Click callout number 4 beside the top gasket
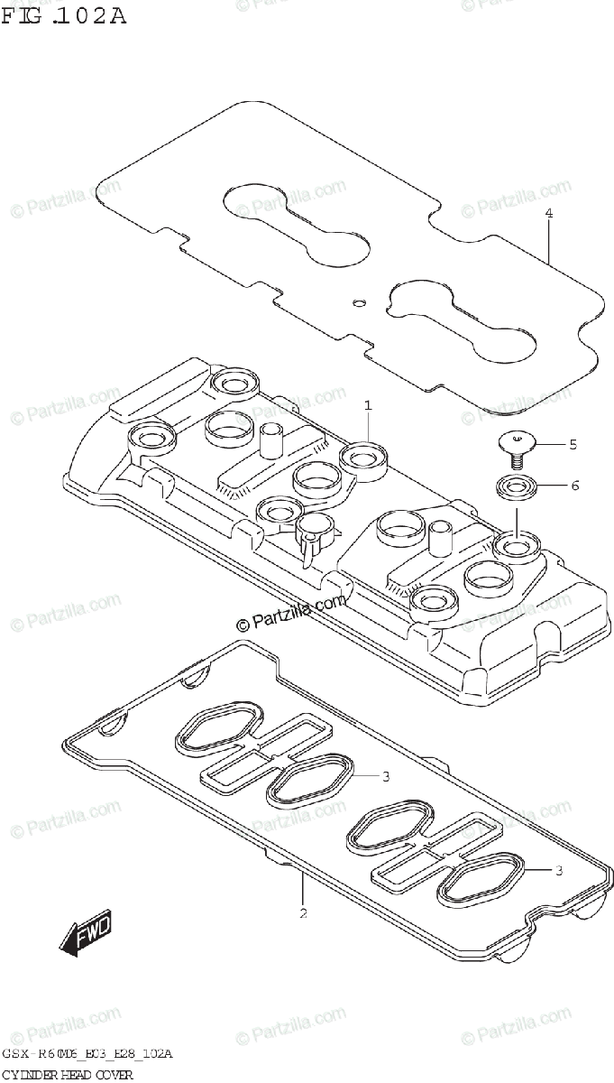pyautogui.click(x=547, y=214)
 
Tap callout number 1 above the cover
pyautogui.click(x=368, y=406)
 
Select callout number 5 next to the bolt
pyautogui.click(x=572, y=444)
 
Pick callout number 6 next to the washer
pyautogui.click(x=573, y=485)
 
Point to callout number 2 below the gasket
pyautogui.click(x=303, y=913)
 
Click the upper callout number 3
pyautogui.click(x=385, y=776)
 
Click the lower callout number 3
pyautogui.click(x=559, y=870)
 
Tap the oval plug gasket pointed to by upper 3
pyautogui.click(x=306, y=779)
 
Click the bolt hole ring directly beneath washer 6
pyautogui.click(x=516, y=546)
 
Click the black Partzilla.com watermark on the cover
pyautogui.click(x=291, y=614)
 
